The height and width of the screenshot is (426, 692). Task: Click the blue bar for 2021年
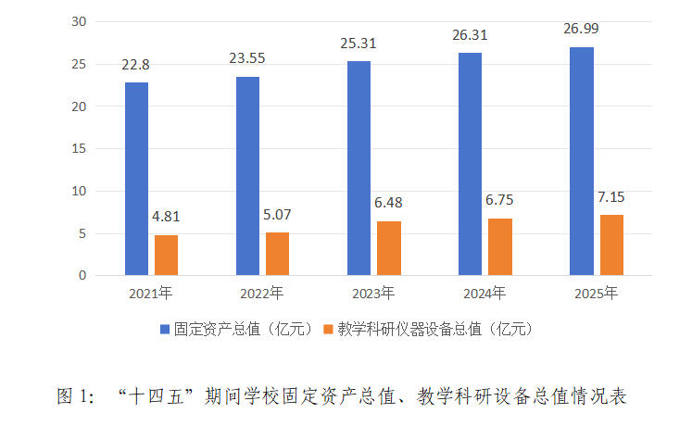[136, 179]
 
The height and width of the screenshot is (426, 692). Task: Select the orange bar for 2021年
[166, 255]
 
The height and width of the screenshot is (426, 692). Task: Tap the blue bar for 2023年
[359, 169]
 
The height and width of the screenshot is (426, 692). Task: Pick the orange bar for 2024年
[499, 246]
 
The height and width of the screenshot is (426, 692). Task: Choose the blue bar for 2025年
[582, 161]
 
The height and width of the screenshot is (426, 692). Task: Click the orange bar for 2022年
[277, 254]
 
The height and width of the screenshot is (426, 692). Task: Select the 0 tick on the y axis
[82, 275]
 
